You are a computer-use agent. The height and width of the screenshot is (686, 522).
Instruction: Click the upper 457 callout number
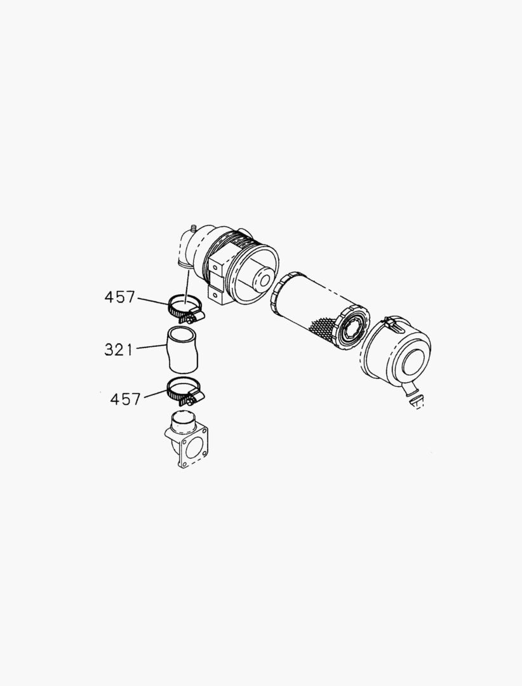tap(120, 297)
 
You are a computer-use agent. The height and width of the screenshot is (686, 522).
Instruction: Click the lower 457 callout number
tap(125, 399)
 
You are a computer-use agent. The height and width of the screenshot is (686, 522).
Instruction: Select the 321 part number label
tap(118, 349)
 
